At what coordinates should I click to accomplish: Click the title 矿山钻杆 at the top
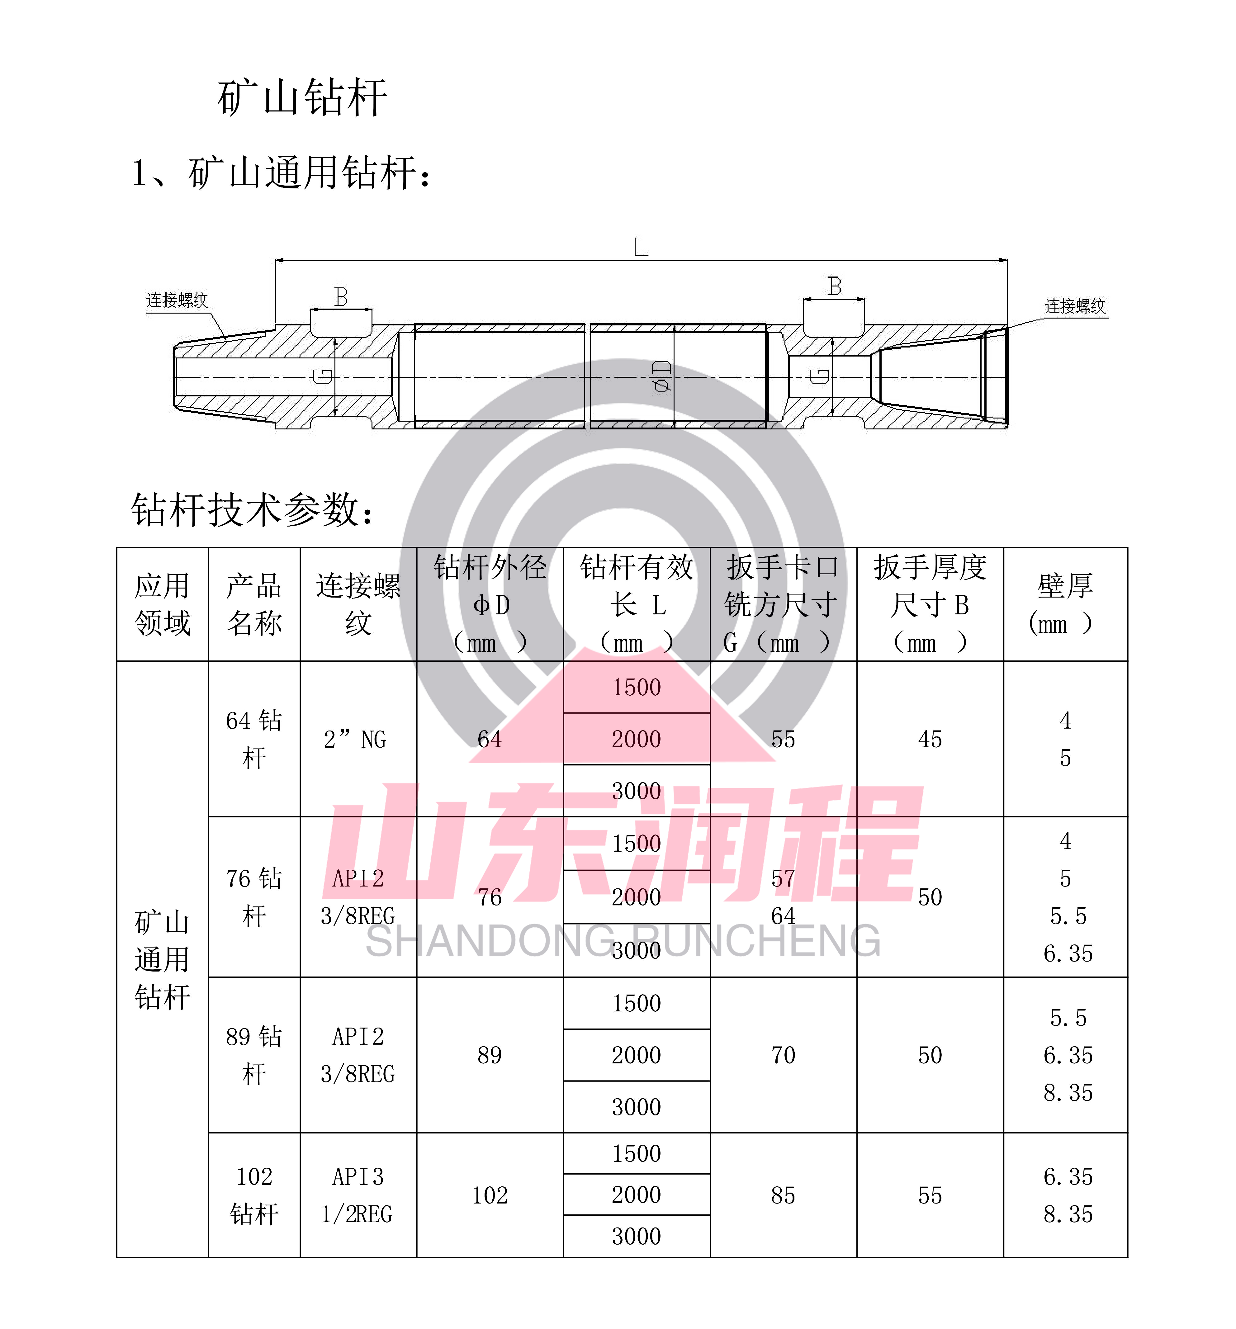[302, 97]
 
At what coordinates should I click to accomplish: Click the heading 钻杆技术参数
[252, 511]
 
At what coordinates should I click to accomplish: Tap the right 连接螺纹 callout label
[1075, 306]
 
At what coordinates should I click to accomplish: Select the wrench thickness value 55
[930, 1195]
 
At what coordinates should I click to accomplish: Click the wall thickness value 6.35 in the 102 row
[1068, 1177]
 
